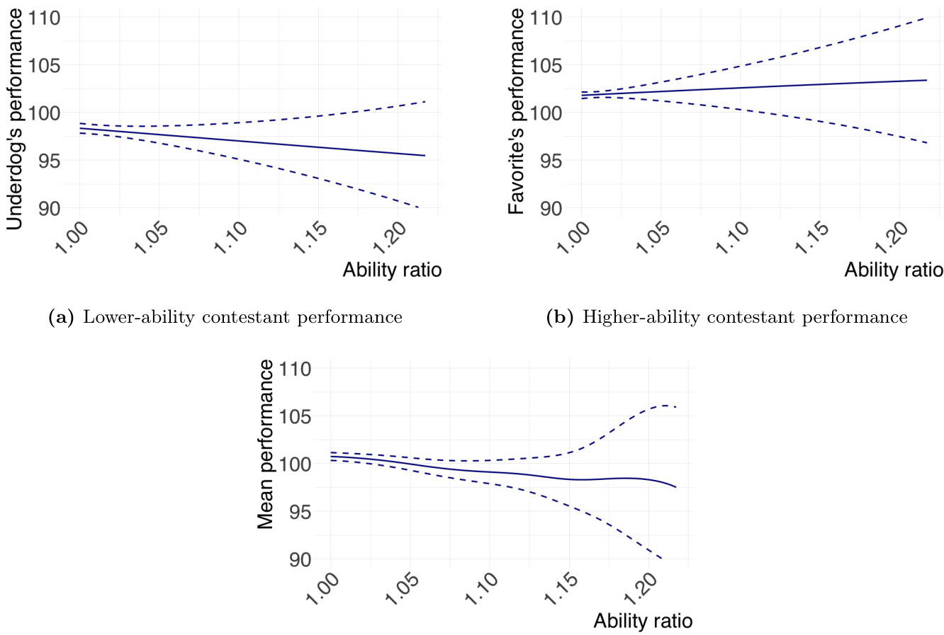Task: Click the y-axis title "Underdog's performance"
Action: pos(15,118)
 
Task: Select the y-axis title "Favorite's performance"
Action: pos(517,112)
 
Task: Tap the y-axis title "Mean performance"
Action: pos(266,445)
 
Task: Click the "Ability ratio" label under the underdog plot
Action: pos(392,270)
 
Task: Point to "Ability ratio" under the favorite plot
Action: pos(894,270)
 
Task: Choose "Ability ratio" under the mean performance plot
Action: pos(643,621)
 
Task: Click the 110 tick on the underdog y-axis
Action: pos(44,17)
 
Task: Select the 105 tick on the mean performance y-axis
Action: pos(295,416)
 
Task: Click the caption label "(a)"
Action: pos(60,317)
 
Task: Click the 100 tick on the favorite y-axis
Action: pos(546,113)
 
